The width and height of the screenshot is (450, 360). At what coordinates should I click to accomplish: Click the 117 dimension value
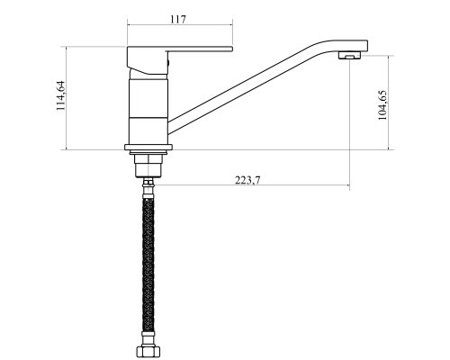pos(178,20)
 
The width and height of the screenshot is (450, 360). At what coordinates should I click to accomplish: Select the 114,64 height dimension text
pos(61,95)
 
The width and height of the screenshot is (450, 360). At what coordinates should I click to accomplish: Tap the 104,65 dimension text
pos(382,105)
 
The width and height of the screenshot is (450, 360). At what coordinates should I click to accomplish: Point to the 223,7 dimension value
pos(247,180)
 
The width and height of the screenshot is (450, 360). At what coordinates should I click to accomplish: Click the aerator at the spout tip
pos(349,56)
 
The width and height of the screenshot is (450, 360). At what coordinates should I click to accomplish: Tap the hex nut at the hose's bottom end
pos(148,351)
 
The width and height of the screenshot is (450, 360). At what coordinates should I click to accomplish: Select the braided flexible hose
pos(148,264)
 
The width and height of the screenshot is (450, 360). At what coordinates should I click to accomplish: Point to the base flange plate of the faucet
pos(148,147)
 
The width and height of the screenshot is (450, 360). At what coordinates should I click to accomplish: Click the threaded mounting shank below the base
pos(148,166)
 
